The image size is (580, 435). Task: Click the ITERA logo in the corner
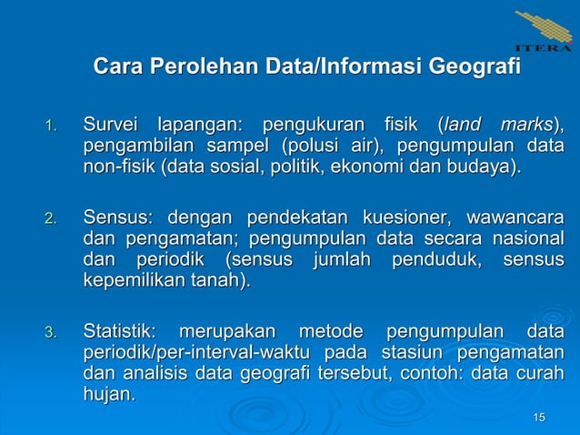[544, 32]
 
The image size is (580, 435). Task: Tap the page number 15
[539, 417]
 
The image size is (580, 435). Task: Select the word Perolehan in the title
[205, 67]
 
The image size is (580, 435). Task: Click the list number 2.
[53, 219]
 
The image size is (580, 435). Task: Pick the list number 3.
[53, 332]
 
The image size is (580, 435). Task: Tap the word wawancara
[514, 217]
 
